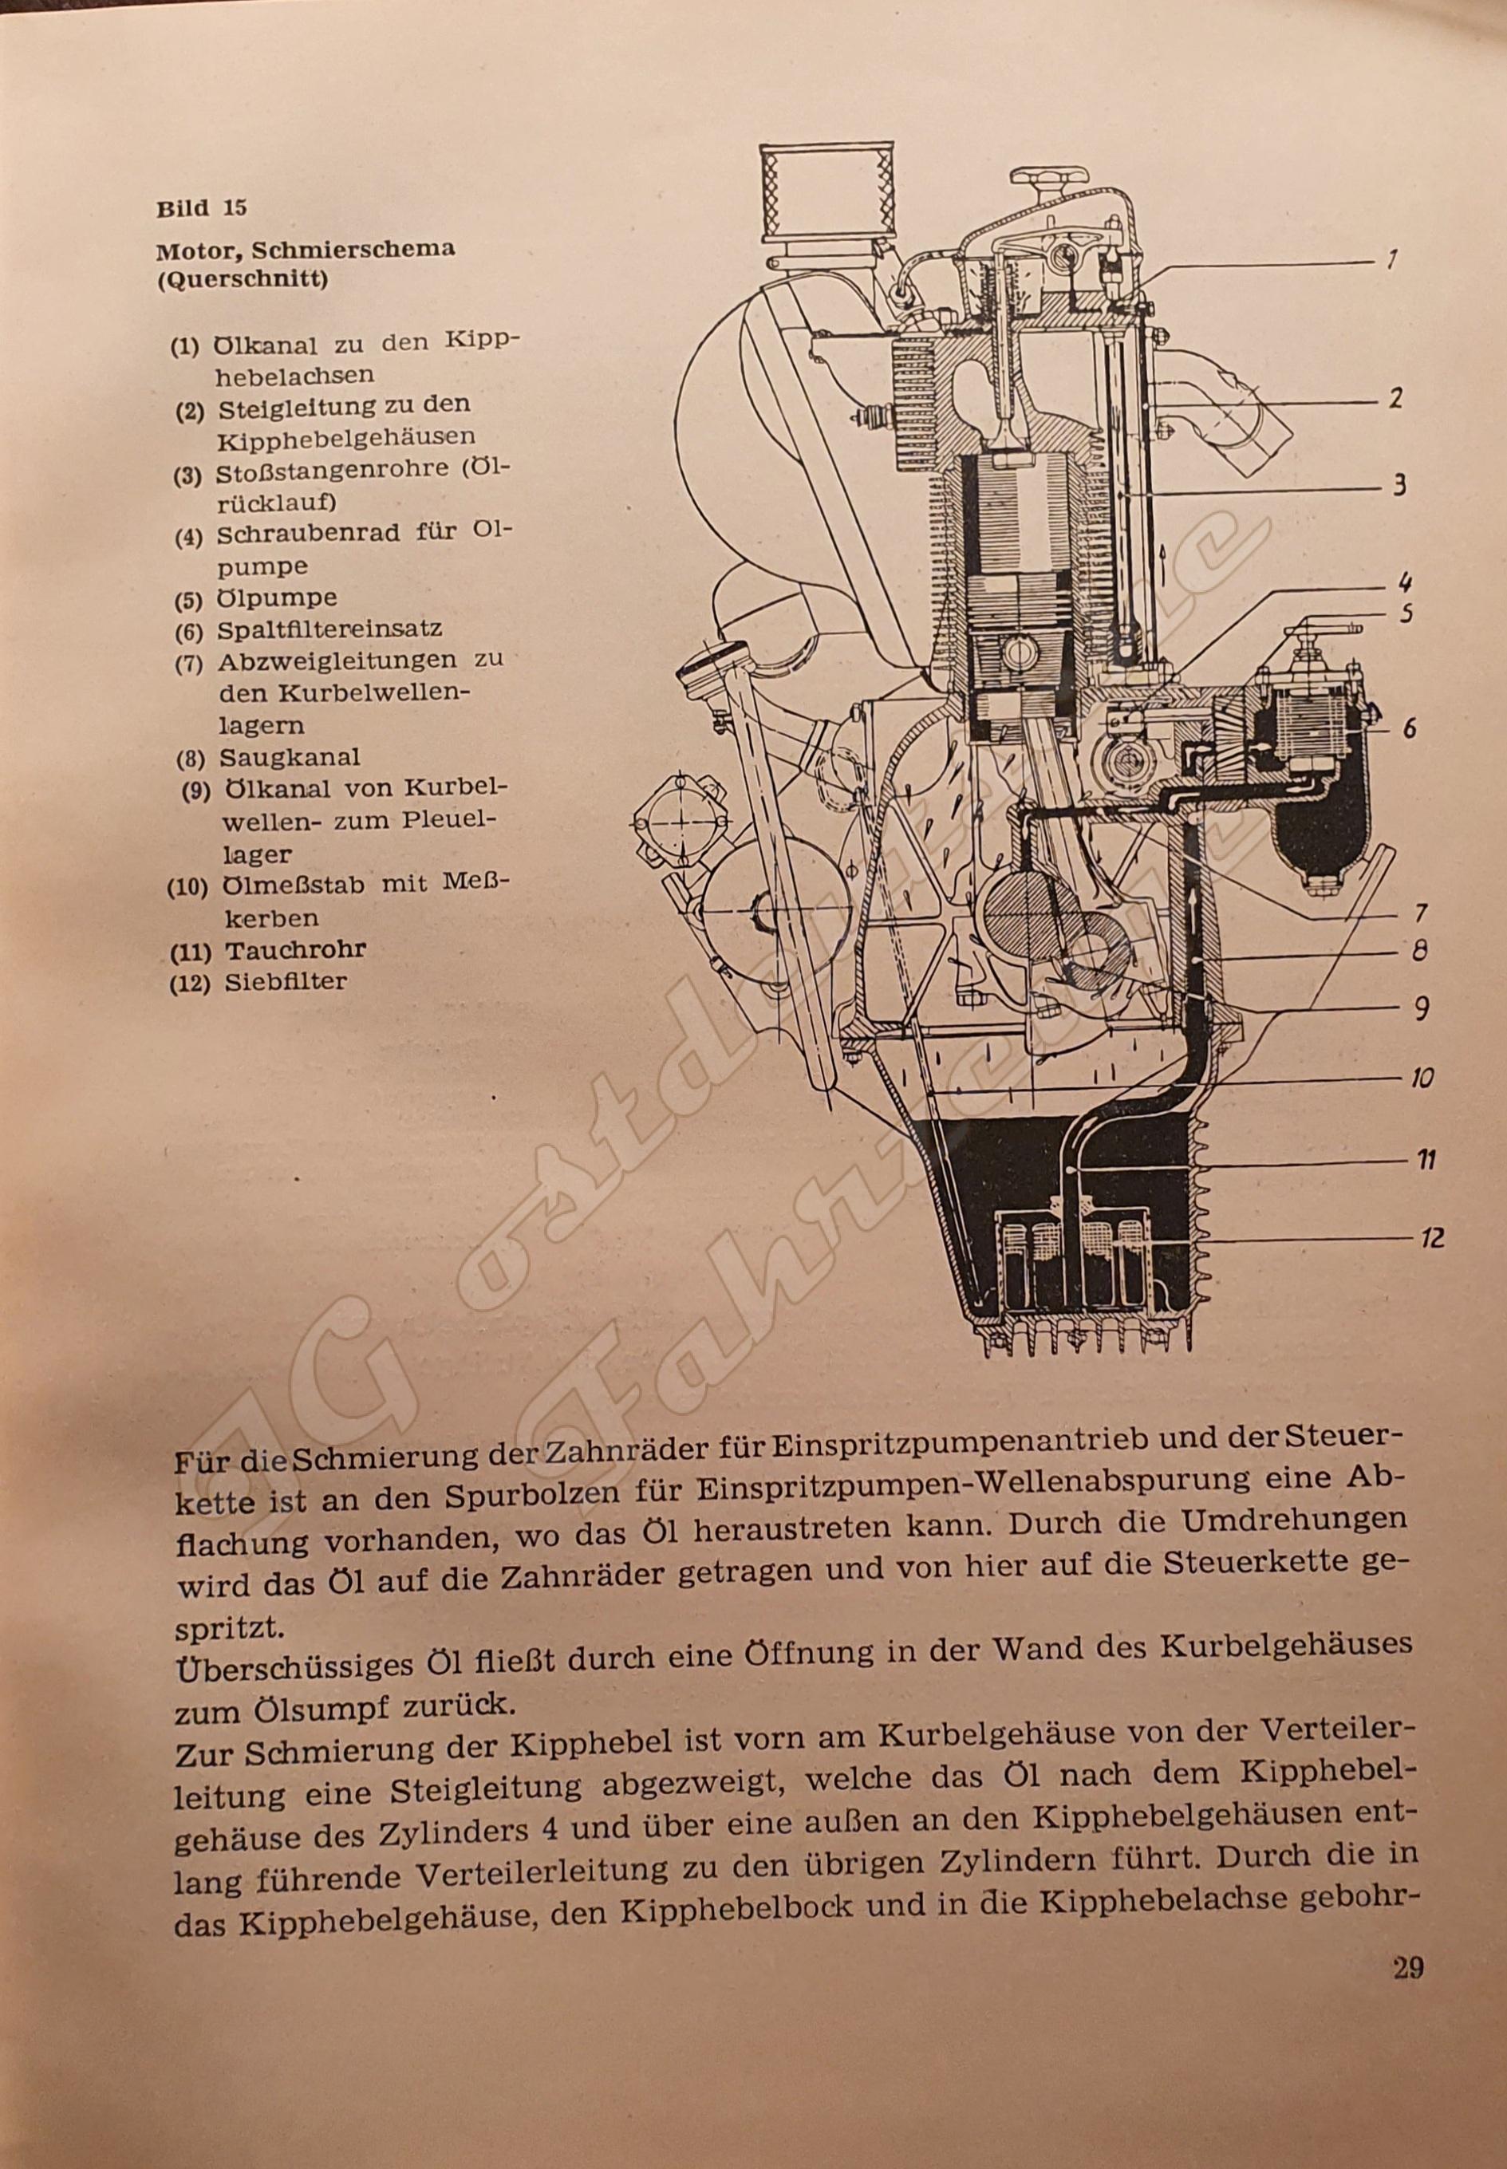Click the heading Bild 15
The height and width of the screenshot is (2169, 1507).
[201, 209]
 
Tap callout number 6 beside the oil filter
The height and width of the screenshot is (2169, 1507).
[1409, 729]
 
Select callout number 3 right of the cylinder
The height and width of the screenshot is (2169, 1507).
[1399, 487]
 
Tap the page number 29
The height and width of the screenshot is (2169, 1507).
[1407, 1968]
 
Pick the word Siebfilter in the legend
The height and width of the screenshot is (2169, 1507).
[286, 982]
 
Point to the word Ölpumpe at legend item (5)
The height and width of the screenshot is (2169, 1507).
[277, 598]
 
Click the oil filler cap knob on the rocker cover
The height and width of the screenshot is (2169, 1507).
[1046, 179]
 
